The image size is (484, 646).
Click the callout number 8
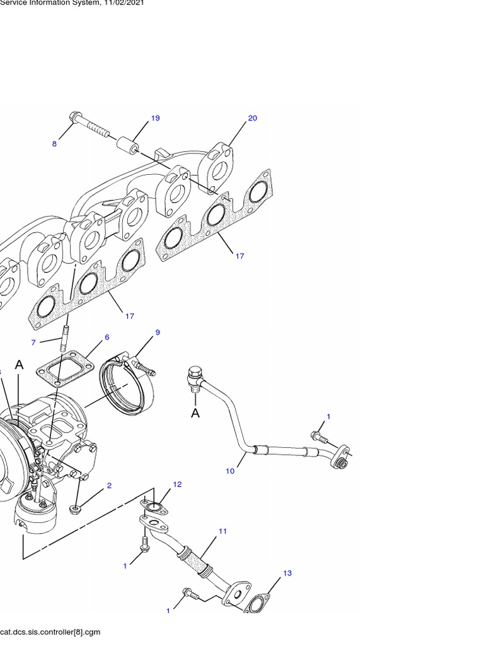coord(54,144)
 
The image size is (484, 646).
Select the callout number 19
coord(155,118)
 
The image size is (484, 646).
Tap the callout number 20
coord(252,118)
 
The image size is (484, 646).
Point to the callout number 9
coord(158,332)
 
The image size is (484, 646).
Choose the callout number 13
coord(287,573)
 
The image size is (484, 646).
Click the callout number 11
coord(222,531)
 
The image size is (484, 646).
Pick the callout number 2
coord(109,486)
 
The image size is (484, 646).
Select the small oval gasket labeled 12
coord(153,506)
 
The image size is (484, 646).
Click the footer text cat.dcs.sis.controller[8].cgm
coord(50,631)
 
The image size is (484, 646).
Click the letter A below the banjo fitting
coord(195,413)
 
